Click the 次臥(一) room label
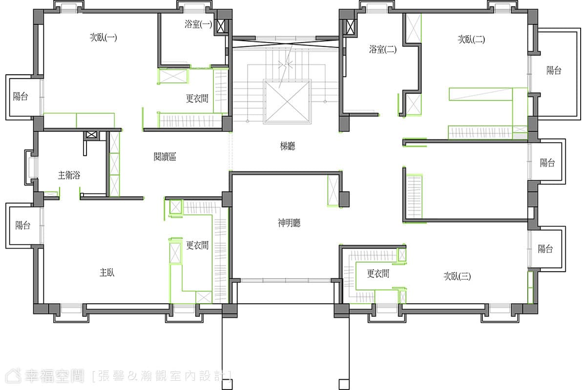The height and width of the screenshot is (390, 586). tap(104, 38)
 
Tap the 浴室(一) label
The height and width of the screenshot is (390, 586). tap(198, 24)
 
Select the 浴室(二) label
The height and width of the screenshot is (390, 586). tap(383, 49)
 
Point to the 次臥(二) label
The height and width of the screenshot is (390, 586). tap(471, 39)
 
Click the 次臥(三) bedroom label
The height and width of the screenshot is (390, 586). tap(457, 276)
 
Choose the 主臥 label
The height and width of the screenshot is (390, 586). tap(107, 273)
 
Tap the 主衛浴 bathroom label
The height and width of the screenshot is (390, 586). tap(69, 175)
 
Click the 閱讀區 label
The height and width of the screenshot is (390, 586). tap(165, 157)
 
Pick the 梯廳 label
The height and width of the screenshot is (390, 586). tap(288, 146)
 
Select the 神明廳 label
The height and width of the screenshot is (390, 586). tap(289, 223)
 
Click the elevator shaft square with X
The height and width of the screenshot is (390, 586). tap(287, 101)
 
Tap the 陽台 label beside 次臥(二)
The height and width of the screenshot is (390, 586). tap(554, 70)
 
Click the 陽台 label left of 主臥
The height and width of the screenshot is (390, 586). tap(23, 225)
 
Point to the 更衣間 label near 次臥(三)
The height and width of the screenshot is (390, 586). tap(378, 273)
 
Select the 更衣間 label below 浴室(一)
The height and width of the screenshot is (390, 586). tap(197, 98)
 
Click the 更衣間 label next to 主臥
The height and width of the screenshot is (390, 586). tap(197, 245)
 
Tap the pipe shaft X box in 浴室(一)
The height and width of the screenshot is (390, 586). tap(221, 26)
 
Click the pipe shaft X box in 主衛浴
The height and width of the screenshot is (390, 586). tap(91, 135)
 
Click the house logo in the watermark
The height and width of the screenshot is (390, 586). tap(13, 376)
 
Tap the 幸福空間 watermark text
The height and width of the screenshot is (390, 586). tap(54, 376)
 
